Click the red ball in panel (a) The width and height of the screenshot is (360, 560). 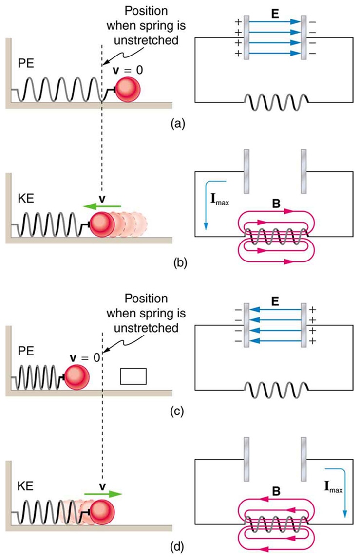click(x=128, y=89)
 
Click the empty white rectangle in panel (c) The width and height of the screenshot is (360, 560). click(x=133, y=376)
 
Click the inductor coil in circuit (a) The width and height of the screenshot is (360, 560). click(x=275, y=103)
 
